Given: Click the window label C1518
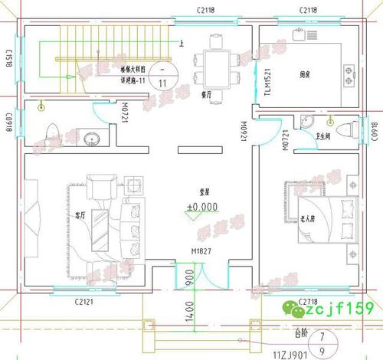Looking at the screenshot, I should point(10,58).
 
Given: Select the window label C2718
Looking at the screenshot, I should point(309,301).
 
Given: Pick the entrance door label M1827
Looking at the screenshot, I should point(201,250).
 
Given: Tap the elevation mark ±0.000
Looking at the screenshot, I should point(202,207).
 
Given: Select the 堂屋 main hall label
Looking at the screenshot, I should point(201,193).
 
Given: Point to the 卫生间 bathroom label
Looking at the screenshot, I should point(322,137).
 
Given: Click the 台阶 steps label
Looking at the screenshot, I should point(303,334).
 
